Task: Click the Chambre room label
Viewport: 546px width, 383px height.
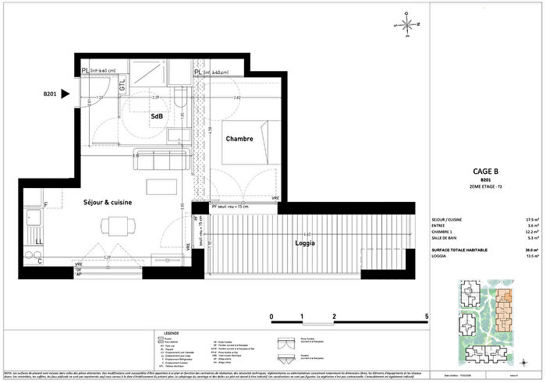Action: point(240,139)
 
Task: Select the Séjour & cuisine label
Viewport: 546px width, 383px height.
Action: point(108,202)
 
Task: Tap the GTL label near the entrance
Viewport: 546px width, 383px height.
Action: point(123,87)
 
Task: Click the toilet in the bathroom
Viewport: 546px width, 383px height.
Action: point(180,99)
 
